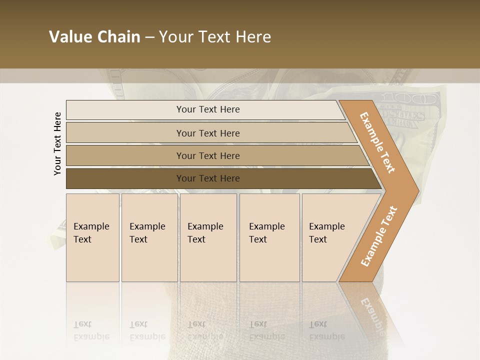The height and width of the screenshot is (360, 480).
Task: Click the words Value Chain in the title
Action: (94, 37)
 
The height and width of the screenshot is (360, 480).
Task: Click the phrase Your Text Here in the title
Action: (215, 37)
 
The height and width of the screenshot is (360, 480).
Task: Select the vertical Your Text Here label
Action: (57, 143)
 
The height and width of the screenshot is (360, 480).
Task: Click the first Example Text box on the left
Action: (92, 237)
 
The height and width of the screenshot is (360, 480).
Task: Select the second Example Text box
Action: (149, 237)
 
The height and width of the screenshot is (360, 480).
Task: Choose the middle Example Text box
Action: (208, 237)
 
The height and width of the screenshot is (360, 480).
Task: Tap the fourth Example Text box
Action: (269, 237)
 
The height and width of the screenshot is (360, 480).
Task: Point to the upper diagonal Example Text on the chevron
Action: (377, 142)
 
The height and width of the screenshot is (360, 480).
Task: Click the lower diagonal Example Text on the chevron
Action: (379, 236)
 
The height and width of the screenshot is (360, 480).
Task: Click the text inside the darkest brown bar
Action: (208, 178)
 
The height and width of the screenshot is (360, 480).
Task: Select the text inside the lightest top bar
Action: (208, 109)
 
